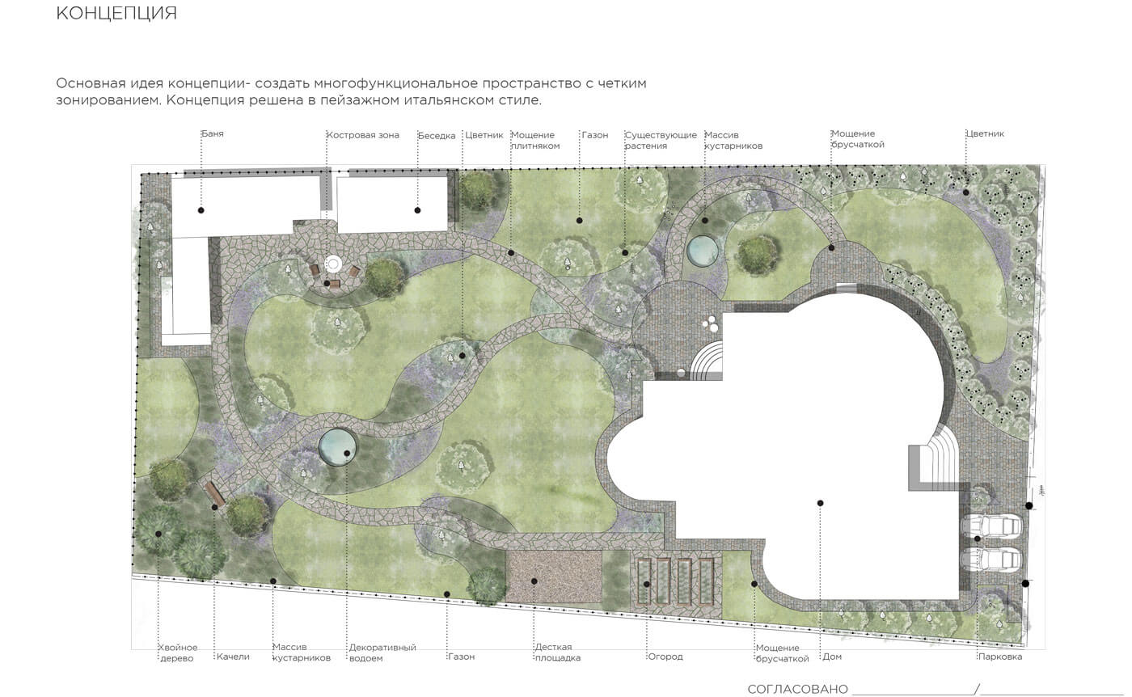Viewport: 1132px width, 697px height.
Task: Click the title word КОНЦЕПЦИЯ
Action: pos(116,14)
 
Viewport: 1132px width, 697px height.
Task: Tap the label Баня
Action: pos(213,134)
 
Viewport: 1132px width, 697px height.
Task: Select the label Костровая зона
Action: pos(363,135)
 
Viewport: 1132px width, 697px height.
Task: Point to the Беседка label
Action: pos(437,136)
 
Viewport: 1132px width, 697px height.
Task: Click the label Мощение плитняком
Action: pos(535,141)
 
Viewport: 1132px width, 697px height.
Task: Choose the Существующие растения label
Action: pos(661,141)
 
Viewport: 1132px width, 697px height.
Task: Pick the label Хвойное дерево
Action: pos(177,653)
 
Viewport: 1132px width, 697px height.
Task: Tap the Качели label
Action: pos(233,657)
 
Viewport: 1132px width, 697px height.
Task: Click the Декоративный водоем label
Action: pos(382,653)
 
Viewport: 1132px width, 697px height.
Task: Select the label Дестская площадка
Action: pos(558,653)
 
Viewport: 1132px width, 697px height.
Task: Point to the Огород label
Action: pos(665,657)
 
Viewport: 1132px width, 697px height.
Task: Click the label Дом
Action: pos(832,657)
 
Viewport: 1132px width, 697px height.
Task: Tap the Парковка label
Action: pos(1000,657)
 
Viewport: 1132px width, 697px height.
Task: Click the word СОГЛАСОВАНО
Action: pos(797,689)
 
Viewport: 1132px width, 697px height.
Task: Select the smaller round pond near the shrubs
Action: pos(702,251)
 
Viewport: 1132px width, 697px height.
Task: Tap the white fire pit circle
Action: pos(333,264)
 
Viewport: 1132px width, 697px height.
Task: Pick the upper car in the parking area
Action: pos(990,526)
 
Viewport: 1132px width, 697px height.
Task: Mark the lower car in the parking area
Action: pos(990,559)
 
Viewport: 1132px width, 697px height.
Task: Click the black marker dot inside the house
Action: pos(820,503)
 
